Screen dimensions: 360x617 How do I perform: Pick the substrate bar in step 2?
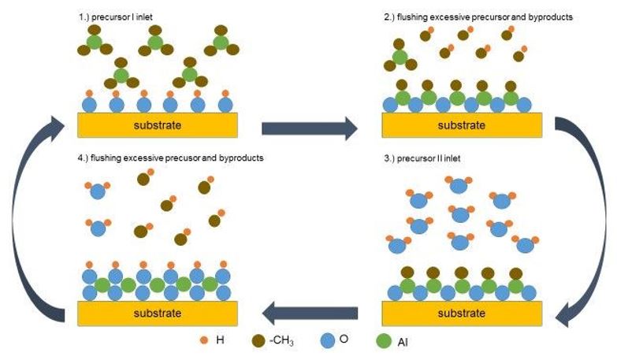(462, 124)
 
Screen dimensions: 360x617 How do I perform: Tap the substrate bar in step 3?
(462, 313)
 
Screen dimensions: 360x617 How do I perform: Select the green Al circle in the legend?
(385, 341)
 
